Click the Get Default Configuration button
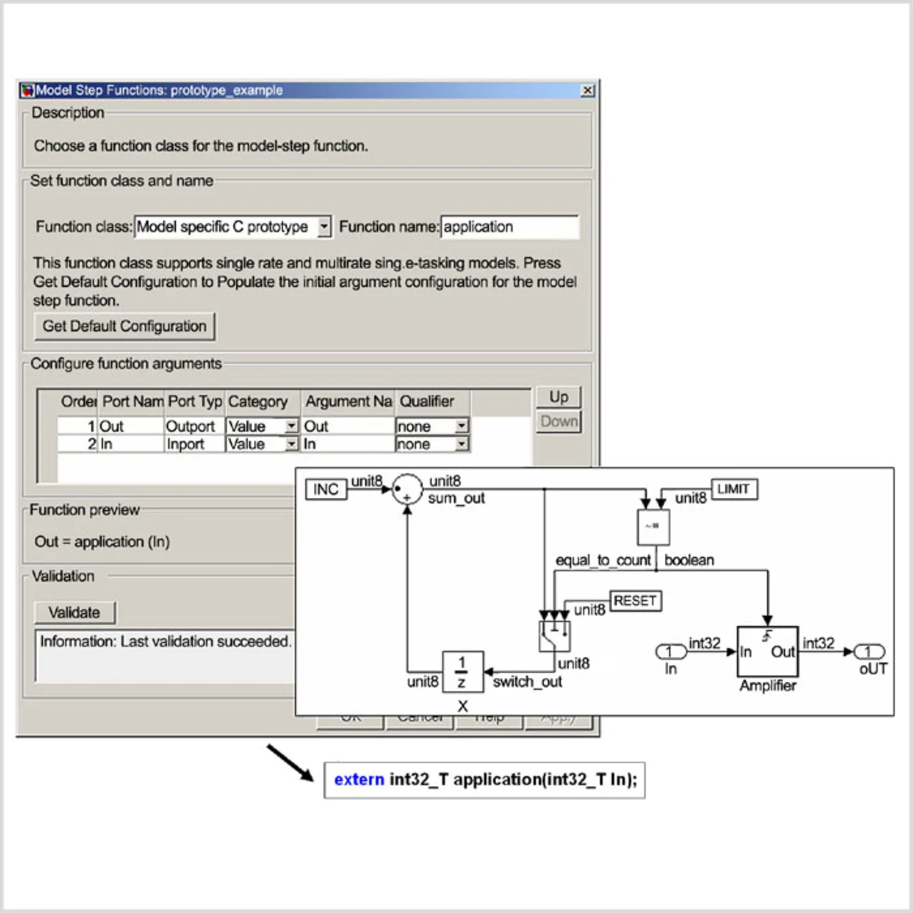pyautogui.click(x=124, y=327)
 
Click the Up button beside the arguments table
pyautogui.click(x=558, y=397)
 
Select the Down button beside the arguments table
pyautogui.click(x=558, y=422)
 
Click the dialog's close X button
pyautogui.click(x=588, y=91)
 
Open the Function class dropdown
pyautogui.click(x=324, y=227)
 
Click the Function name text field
pyautogui.click(x=509, y=227)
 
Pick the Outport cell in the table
pyautogui.click(x=190, y=427)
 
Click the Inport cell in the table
pyautogui.click(x=185, y=444)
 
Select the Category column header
pyautogui.click(x=258, y=402)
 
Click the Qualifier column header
pyautogui.click(x=427, y=402)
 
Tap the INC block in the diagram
pyautogui.click(x=326, y=489)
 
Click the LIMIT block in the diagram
pyautogui.click(x=733, y=489)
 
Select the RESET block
pyautogui.click(x=635, y=601)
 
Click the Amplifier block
pyautogui.click(x=767, y=652)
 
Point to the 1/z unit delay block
pyautogui.click(x=462, y=672)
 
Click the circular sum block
pyautogui.click(x=407, y=490)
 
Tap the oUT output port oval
pyautogui.click(x=869, y=652)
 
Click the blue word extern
pyautogui.click(x=359, y=780)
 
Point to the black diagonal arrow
pyautogui.click(x=290, y=762)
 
